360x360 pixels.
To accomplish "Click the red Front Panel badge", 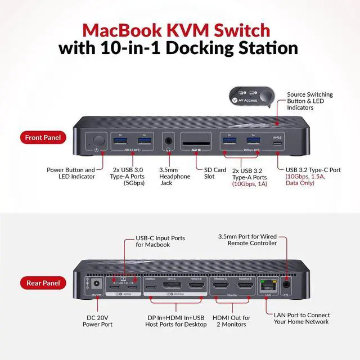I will coord(43,137).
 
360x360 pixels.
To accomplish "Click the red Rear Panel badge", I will coord(43,283).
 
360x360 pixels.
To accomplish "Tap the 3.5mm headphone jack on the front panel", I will coord(167,141).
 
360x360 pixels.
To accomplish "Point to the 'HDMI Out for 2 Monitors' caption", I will coord(232,321).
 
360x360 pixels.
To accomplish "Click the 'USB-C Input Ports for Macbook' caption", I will coord(160,242).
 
